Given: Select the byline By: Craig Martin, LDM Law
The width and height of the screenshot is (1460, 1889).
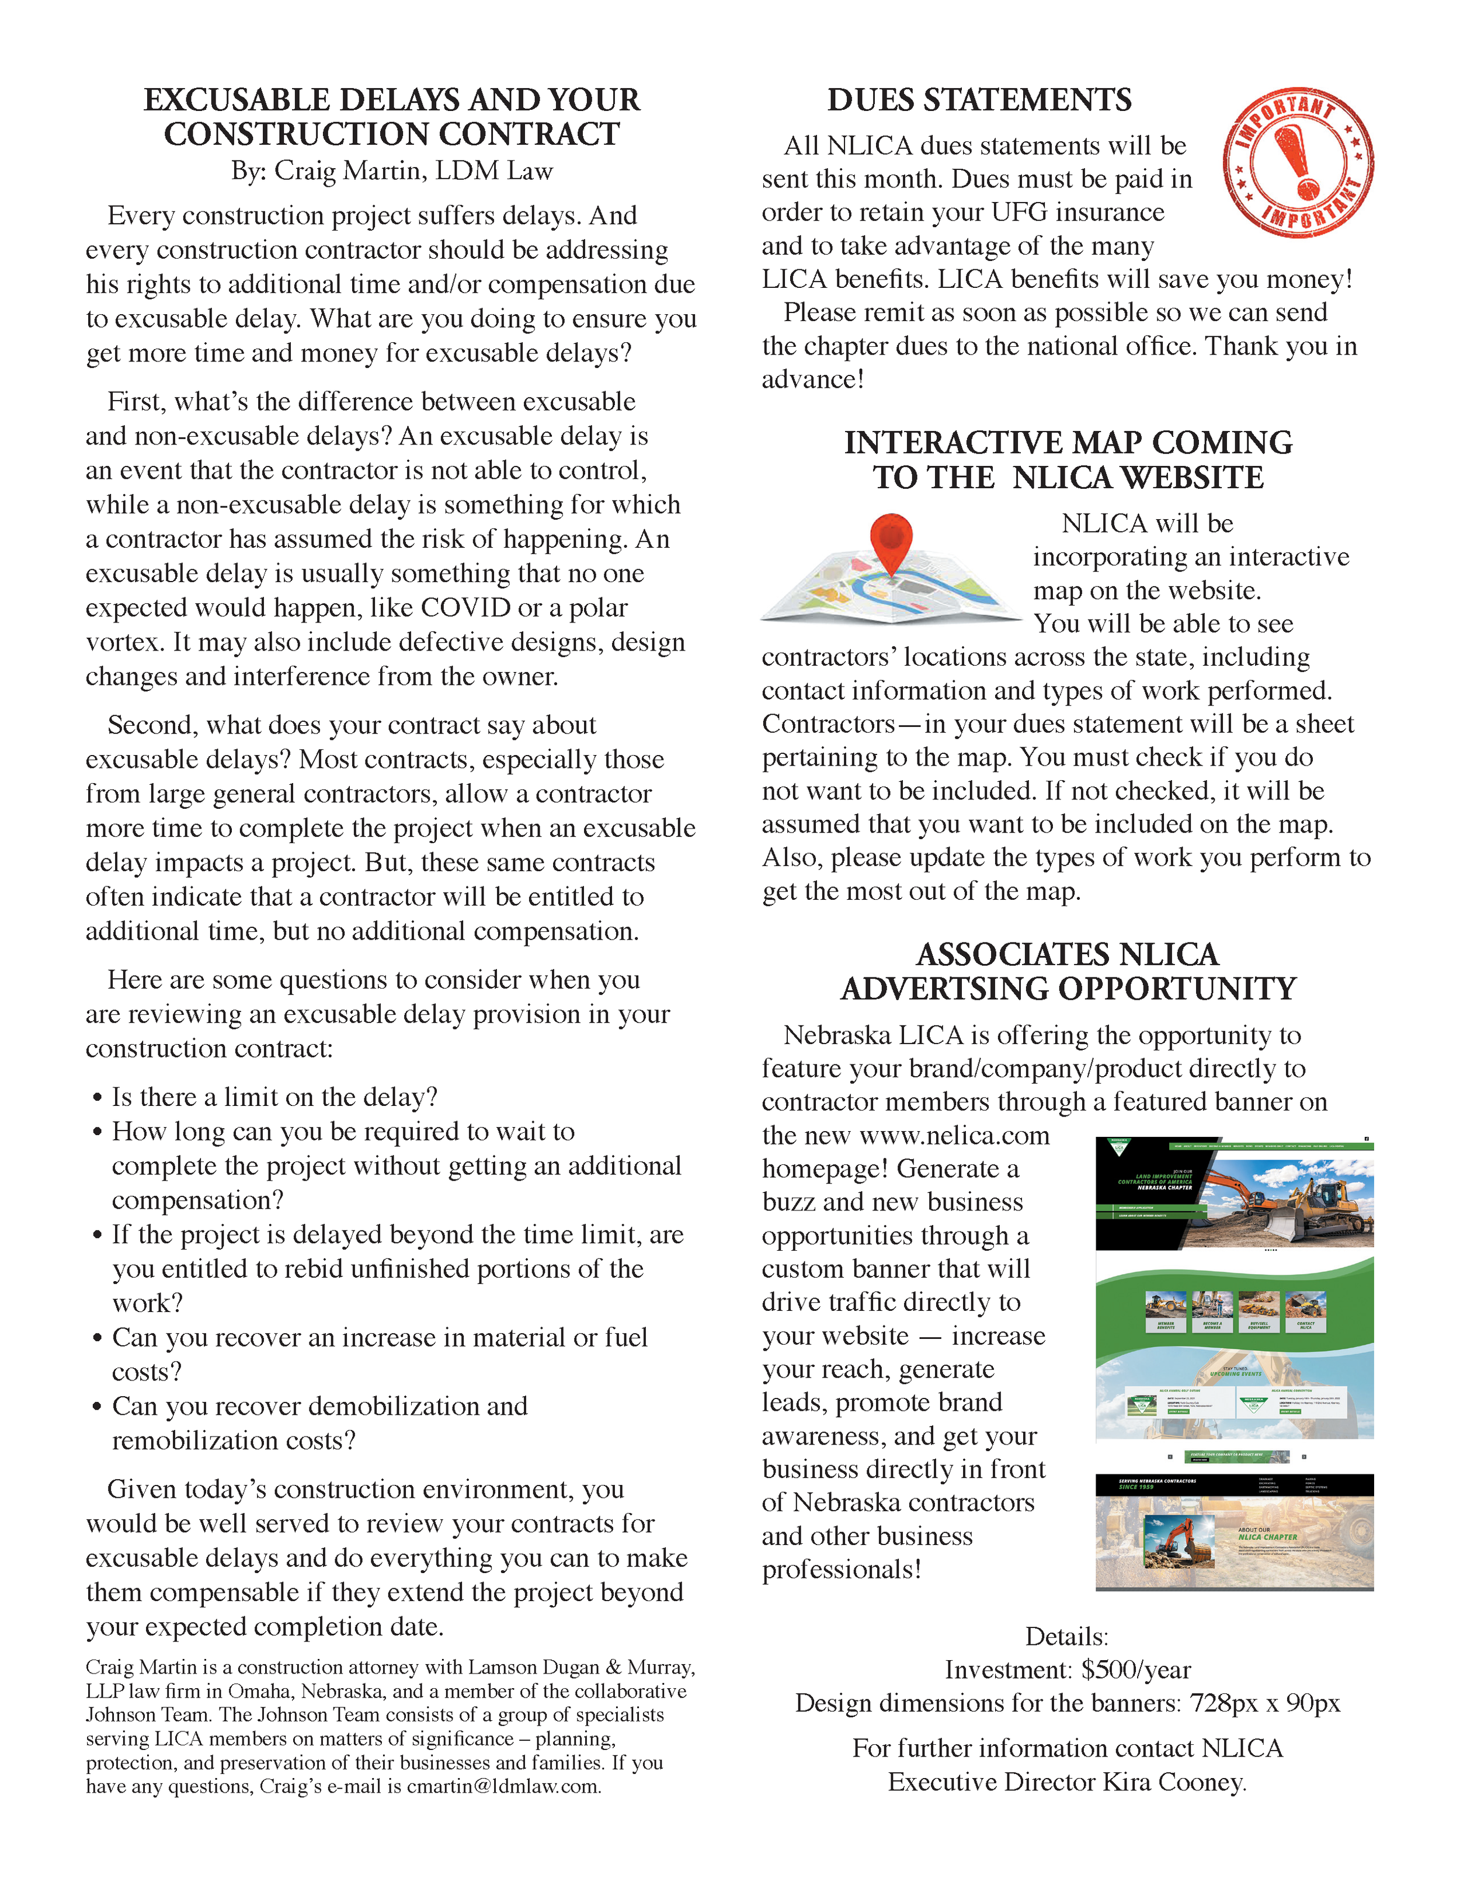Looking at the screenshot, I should click(x=391, y=171).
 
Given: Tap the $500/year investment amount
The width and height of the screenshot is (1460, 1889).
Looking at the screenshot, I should click(x=1136, y=1670).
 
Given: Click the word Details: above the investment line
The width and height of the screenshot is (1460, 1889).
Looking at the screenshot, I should click(x=1066, y=1636).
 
